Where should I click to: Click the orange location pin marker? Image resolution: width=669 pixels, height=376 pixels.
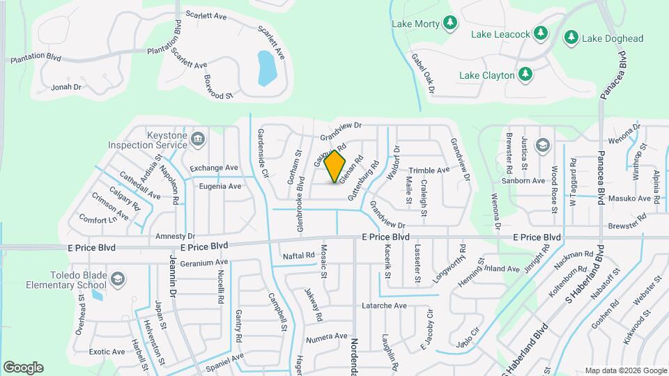pos(335,166)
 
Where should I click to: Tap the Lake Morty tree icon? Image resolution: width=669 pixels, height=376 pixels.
pos(451,24)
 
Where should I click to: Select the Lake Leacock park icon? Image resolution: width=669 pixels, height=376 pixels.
pos(541,33)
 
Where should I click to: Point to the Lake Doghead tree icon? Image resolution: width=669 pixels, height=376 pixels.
pos(572,37)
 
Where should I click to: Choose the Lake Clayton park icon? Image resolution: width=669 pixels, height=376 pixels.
pos(525,74)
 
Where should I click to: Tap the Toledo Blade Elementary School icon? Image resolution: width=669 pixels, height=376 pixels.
pos(118,279)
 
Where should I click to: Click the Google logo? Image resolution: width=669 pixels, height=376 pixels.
pos(23,367)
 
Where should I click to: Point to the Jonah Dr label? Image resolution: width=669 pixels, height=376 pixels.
pos(67,87)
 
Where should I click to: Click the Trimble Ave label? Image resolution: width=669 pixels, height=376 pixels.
pos(429,171)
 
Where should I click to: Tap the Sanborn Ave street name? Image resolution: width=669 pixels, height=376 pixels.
pos(528,180)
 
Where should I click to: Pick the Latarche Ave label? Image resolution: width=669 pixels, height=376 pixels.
pos(384,305)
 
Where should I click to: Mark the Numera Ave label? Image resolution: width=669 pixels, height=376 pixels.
pos(327,336)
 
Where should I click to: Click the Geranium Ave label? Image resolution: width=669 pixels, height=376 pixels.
pos(204,263)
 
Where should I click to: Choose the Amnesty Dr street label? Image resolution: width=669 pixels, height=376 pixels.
pos(175,236)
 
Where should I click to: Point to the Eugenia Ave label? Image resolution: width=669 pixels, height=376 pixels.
pos(220,186)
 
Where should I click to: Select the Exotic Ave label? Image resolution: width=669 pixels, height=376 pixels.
pos(107,352)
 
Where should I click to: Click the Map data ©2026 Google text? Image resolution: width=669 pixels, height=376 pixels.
pos(625,370)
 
